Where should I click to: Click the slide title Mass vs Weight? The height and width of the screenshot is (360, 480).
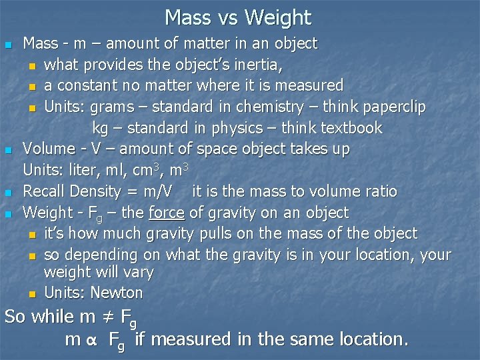click(238, 17)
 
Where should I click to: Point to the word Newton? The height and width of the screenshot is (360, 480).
click(117, 293)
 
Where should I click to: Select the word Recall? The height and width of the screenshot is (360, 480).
click(44, 192)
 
